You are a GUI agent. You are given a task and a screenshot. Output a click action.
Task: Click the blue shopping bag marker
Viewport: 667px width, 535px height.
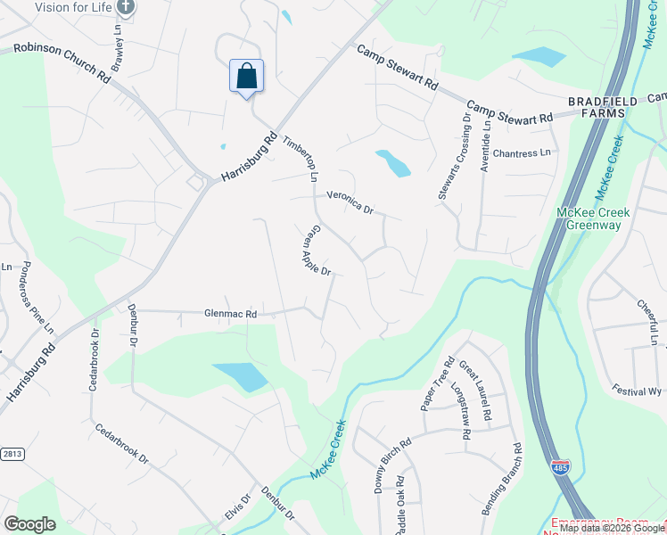coord(246,76)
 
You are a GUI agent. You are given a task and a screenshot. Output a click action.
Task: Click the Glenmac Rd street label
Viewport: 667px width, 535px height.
coord(230,314)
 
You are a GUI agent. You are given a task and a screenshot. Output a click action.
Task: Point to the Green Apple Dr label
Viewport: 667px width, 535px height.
coord(316,249)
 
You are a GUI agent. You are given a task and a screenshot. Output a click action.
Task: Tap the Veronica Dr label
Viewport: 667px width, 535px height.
coord(350,202)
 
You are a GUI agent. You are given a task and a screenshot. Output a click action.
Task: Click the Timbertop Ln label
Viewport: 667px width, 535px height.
coord(301,159)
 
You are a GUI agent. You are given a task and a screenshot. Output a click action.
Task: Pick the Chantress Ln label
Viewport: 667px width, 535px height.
coord(522,153)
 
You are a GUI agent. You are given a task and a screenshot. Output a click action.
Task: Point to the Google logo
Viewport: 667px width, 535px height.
coord(29,524)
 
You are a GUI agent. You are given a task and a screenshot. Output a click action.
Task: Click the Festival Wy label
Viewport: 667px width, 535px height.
coord(637,391)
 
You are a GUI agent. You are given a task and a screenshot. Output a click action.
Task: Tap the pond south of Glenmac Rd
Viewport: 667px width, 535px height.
coord(240,376)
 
